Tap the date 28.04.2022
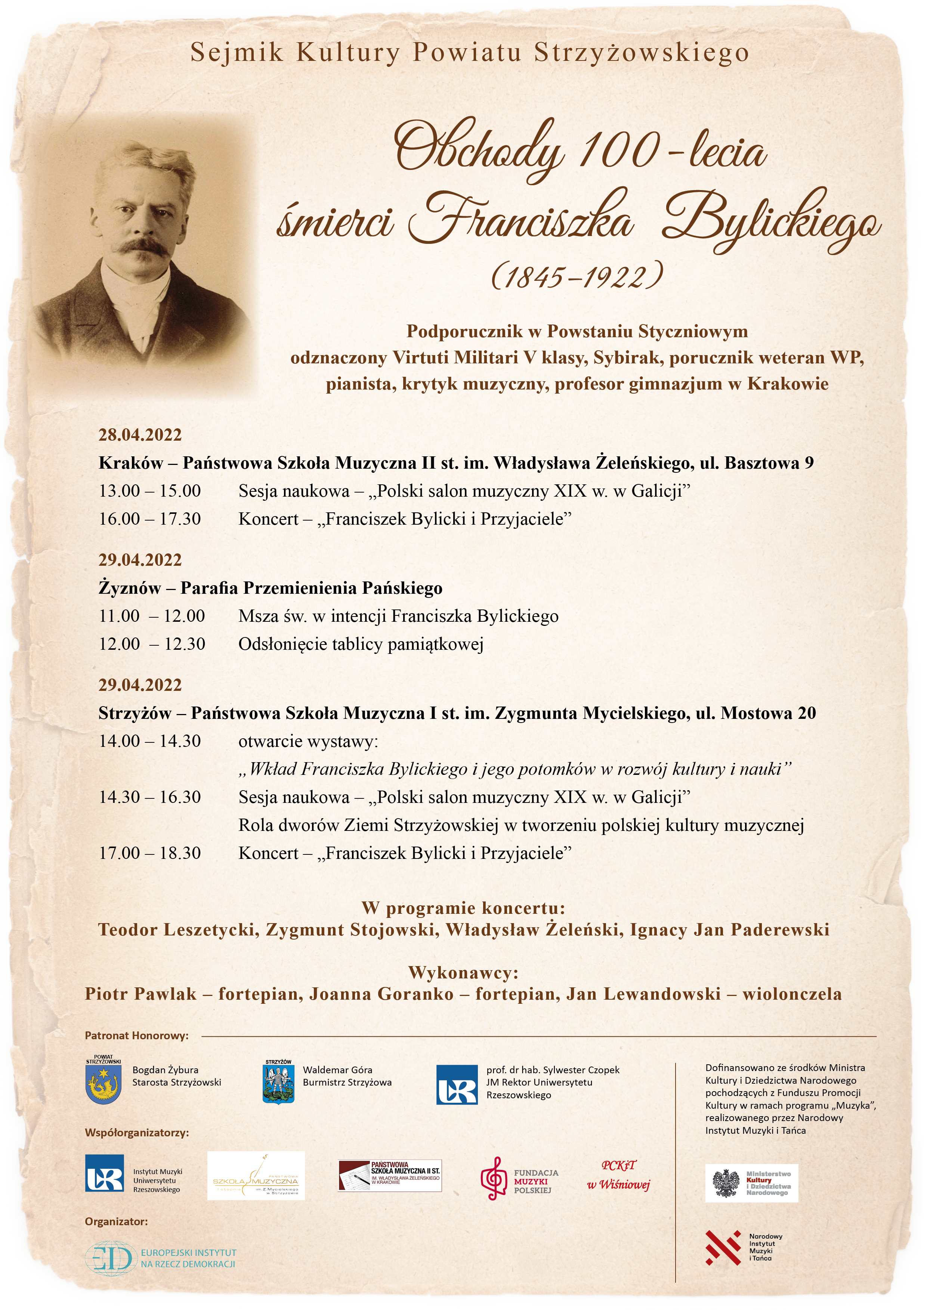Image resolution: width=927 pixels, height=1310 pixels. [x=140, y=435]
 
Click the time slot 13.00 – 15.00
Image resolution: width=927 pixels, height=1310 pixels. [x=149, y=491]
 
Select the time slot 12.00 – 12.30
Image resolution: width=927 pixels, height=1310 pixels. [x=152, y=644]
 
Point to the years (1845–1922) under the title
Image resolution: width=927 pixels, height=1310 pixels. [x=577, y=276]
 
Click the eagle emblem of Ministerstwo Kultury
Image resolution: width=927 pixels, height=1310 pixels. [x=726, y=1183]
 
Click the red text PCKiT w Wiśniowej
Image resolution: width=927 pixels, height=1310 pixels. [x=618, y=1176]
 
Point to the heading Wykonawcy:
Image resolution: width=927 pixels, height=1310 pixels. [x=463, y=973]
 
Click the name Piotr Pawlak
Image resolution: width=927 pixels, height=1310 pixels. [x=140, y=994]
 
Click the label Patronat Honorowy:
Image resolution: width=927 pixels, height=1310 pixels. [x=136, y=1036]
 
